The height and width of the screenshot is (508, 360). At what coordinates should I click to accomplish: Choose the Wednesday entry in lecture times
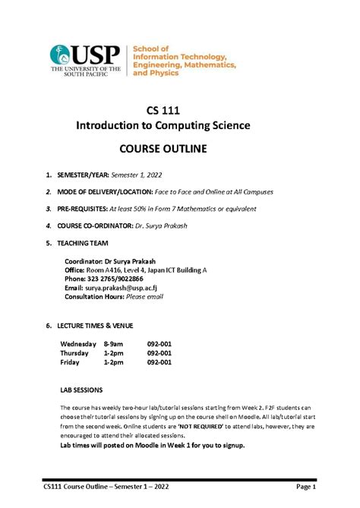click(78, 344)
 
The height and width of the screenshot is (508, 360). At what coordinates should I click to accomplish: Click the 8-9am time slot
click(113, 344)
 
